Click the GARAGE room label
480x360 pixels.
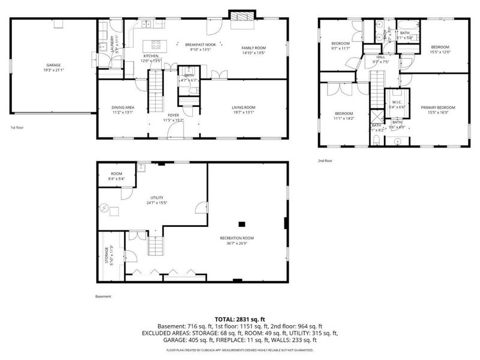click(54, 65)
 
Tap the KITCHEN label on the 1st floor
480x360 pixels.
click(151, 55)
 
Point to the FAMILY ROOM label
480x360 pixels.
click(253, 47)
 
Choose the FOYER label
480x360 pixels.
click(173, 115)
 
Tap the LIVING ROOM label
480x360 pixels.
click(244, 107)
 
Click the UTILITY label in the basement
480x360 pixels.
click(157, 197)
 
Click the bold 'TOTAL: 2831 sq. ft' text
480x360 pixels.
click(239, 319)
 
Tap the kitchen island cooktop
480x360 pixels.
click(157, 43)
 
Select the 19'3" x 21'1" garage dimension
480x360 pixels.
click(54, 70)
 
